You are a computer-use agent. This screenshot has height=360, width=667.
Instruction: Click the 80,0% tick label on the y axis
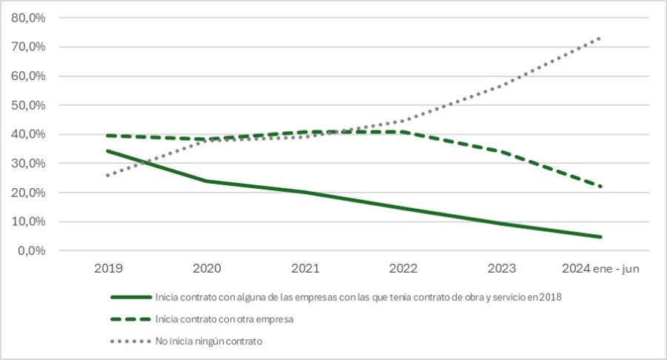point(27,18)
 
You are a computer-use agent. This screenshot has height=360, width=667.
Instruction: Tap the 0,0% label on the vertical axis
point(30,250)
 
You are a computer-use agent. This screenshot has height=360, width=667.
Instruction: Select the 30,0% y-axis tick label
point(27,163)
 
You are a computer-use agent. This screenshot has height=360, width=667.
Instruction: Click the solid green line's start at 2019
point(107,151)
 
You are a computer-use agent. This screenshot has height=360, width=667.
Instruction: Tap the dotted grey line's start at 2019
point(107,176)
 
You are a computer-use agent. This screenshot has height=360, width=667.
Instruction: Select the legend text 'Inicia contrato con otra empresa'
point(223,319)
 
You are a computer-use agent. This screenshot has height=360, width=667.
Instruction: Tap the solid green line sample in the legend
point(130,298)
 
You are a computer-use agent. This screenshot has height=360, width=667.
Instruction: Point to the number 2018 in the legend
point(548,298)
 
